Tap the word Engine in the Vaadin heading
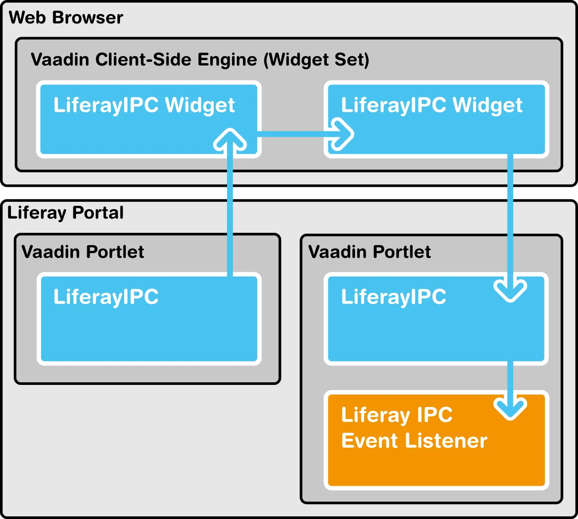coord(227,60)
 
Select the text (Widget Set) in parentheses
coord(316,60)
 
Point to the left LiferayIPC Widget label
coord(144,105)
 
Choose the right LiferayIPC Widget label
coord(432,105)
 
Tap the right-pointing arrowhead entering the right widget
coord(342,134)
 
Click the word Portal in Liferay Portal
coord(98,213)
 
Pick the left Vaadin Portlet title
coord(83,252)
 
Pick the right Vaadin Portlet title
coord(370,252)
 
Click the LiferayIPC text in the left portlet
coord(106,297)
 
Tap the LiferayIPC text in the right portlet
coord(393,297)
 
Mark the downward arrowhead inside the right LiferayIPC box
coord(510,291)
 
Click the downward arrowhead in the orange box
coord(510,408)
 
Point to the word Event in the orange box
coord(369,441)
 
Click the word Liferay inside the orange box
coord(375,415)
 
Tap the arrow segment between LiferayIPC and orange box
coord(510,378)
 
